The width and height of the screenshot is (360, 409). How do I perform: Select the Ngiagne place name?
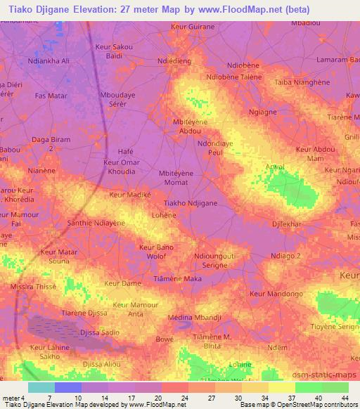click(x=262, y=112)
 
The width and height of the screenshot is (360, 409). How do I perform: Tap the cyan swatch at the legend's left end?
click(x=41, y=387)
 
